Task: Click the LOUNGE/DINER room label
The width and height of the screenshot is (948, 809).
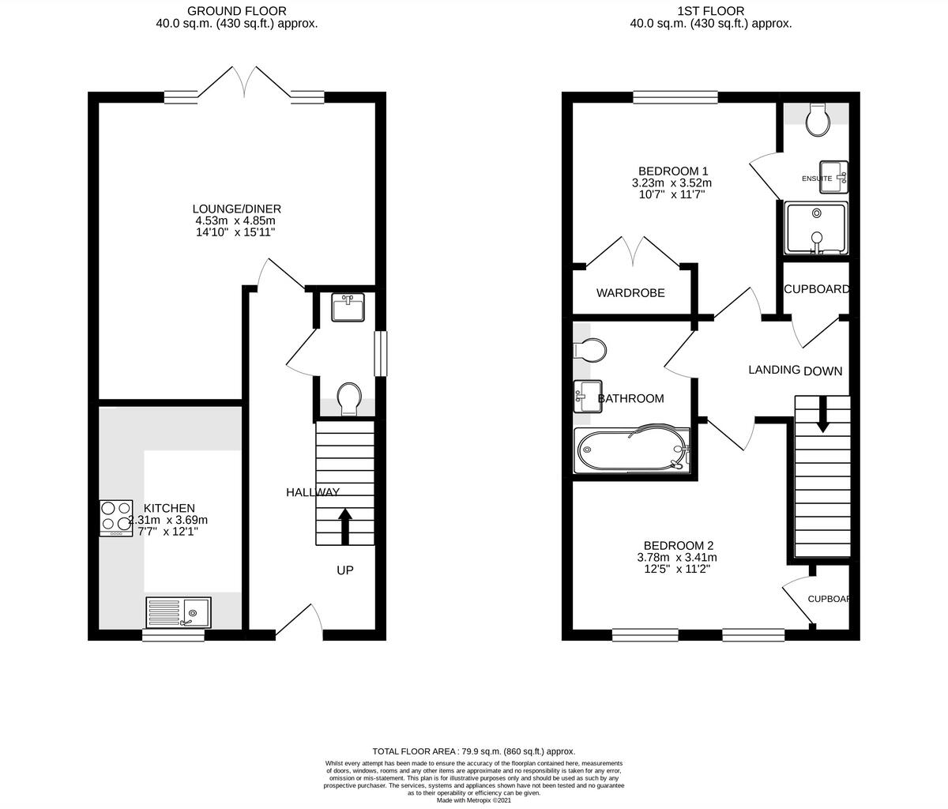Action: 238,209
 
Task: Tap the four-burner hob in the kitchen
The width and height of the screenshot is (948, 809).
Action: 115,518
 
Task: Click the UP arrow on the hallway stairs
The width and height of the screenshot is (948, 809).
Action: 345,526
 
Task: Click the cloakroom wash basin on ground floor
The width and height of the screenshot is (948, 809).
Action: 348,307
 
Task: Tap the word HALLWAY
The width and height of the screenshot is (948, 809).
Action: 313,492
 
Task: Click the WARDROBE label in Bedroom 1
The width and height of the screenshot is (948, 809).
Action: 630,293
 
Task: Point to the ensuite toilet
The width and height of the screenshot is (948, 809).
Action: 817,119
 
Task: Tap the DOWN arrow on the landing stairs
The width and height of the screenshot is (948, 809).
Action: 822,414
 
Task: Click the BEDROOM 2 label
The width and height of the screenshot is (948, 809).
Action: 679,545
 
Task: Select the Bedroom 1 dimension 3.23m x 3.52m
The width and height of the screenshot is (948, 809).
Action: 672,182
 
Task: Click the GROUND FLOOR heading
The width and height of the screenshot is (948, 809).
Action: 237,10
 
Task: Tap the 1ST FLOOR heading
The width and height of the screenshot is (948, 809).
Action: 710,10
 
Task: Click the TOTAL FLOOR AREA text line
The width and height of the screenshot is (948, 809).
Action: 474,751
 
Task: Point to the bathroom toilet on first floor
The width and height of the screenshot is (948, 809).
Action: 590,349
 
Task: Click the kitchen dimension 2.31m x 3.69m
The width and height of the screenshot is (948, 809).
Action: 168,520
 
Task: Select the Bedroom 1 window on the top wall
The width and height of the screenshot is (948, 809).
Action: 675,97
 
